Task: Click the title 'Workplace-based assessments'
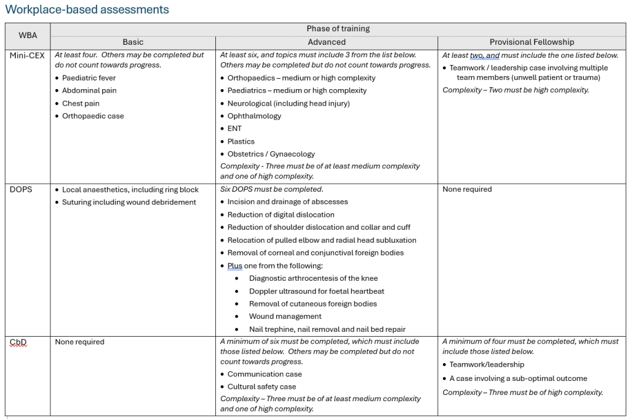[87, 10]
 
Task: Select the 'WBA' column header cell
[28, 36]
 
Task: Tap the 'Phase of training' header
[338, 29]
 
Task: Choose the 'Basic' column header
[133, 42]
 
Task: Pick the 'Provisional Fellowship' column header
[532, 42]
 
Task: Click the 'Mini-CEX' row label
[27, 55]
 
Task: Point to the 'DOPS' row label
[22, 189]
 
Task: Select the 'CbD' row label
[18, 342]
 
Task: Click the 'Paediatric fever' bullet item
[89, 78]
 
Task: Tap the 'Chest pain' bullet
[81, 103]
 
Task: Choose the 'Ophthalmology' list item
[254, 116]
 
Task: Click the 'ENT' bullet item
[234, 128]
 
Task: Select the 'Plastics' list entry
[241, 141]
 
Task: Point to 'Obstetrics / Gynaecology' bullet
[271, 154]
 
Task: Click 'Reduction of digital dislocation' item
[281, 214]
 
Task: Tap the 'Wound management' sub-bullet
[285, 316]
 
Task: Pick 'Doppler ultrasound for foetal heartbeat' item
[316, 291]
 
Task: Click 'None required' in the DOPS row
[467, 189]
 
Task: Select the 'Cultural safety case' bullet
[261, 386]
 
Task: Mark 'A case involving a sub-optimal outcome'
[518, 378]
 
